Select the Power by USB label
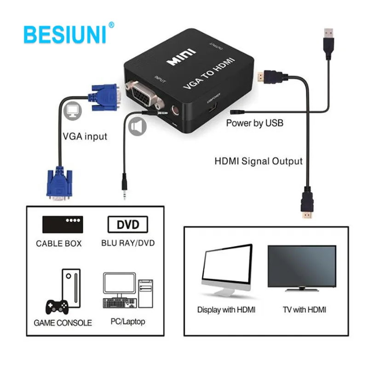(x=254, y=123)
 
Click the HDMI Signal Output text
(x=259, y=161)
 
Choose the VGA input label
(x=85, y=136)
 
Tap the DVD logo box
(x=128, y=225)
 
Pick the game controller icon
(x=56, y=305)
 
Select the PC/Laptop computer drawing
(x=127, y=292)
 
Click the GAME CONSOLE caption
(x=63, y=322)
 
